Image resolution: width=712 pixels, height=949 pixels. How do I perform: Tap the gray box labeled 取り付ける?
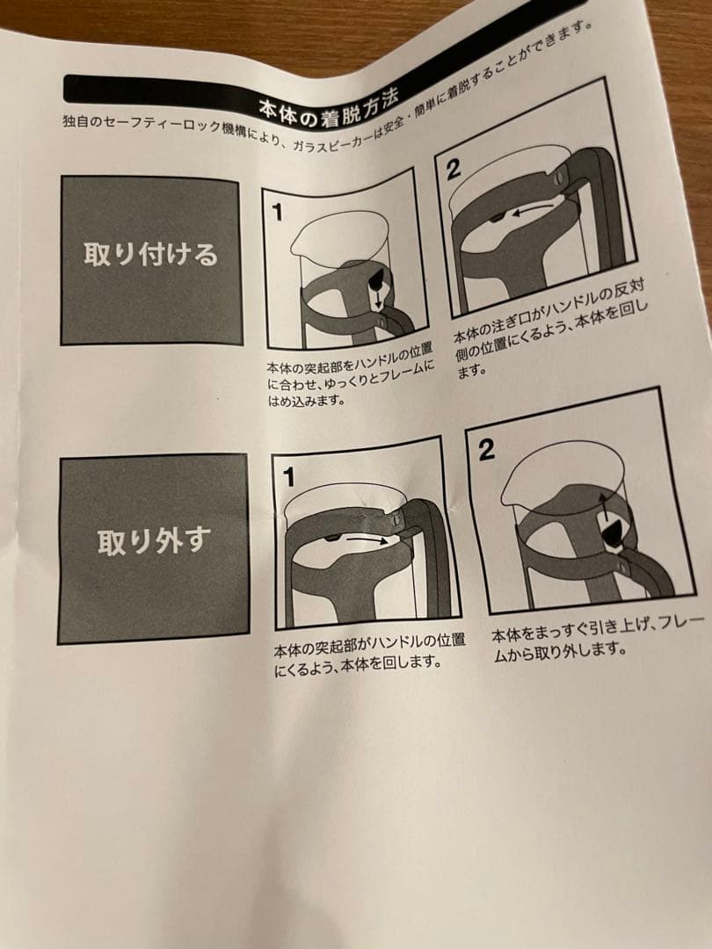click(x=151, y=257)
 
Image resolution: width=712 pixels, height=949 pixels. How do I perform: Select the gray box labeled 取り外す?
click(x=154, y=544)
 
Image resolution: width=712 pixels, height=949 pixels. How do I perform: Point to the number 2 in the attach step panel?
click(x=453, y=170)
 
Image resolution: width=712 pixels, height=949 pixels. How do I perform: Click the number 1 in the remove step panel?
click(x=288, y=477)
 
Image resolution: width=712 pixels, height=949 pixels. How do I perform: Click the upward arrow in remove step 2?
click(x=605, y=507)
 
